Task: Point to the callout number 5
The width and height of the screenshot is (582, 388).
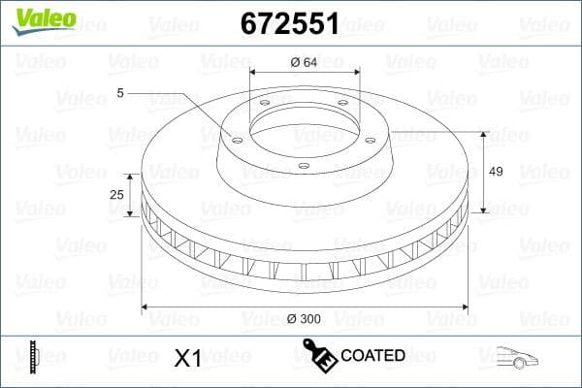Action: tap(120, 93)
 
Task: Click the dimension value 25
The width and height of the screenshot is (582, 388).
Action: tap(116, 195)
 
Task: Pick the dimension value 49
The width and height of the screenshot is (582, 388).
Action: tap(496, 172)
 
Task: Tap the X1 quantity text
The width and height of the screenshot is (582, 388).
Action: tap(186, 358)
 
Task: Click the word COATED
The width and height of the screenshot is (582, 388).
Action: tap(372, 356)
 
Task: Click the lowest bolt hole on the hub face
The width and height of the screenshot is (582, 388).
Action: tap(304, 165)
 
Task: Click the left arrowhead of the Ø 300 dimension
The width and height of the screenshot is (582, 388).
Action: tap(146, 307)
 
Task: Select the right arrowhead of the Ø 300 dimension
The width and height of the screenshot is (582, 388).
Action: tap(464, 307)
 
